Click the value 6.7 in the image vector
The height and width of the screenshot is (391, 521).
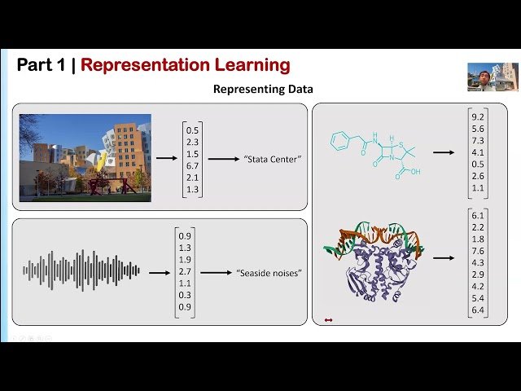click(192, 166)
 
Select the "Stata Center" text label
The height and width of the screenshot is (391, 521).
click(273, 160)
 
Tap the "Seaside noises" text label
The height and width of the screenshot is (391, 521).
click(269, 273)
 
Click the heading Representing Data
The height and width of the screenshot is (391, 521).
click(263, 89)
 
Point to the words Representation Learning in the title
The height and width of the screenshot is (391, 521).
click(185, 65)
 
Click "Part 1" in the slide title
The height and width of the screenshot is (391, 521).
click(42, 65)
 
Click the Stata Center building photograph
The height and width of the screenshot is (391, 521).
click(85, 157)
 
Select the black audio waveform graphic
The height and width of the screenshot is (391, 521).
click(81, 270)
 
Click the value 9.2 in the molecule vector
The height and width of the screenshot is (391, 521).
click(478, 117)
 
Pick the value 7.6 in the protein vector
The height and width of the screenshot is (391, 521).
click(478, 251)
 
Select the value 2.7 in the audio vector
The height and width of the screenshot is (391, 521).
click(185, 270)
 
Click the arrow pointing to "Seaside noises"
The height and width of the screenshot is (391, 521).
click(215, 274)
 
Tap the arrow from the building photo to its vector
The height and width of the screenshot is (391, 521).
click(166, 160)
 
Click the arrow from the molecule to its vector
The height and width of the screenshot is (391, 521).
click(444, 152)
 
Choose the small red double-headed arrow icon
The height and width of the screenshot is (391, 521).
click(328, 320)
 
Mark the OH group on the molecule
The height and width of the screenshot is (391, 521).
click(415, 172)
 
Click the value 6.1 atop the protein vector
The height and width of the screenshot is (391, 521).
click(478, 216)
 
